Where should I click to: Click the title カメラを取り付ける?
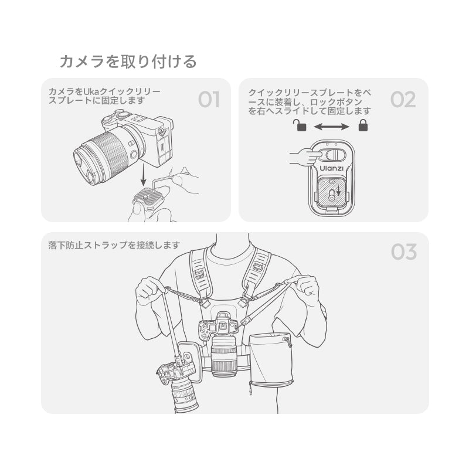pos(128,62)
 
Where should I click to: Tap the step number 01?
pos(209,100)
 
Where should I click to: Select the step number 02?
pos(403,100)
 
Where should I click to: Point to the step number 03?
pos(404,252)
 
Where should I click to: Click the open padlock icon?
pos(300,125)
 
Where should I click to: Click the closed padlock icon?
pos(363,125)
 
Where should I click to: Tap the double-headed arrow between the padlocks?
pos(331,127)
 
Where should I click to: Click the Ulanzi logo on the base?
pos(332,168)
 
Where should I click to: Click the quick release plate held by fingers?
pos(149,197)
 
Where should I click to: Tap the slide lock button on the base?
pos(335,155)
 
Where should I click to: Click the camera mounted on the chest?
pos(222,344)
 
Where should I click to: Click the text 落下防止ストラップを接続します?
pos(114,245)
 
